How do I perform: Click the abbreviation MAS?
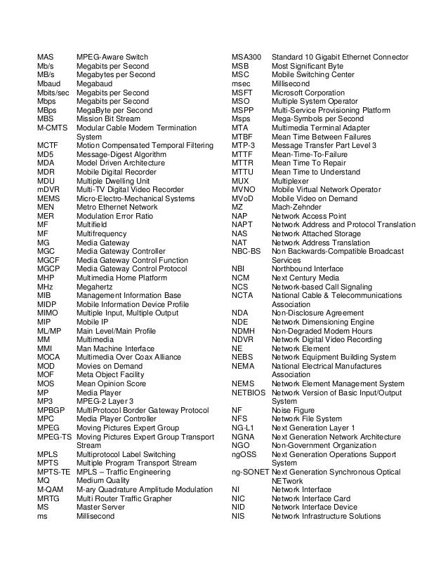[46, 57]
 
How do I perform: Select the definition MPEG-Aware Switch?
[112, 57]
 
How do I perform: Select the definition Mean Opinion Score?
[111, 383]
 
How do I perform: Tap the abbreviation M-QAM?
[50, 489]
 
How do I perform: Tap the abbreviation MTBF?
[242, 136]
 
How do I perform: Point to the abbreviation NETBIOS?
[247, 392]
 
